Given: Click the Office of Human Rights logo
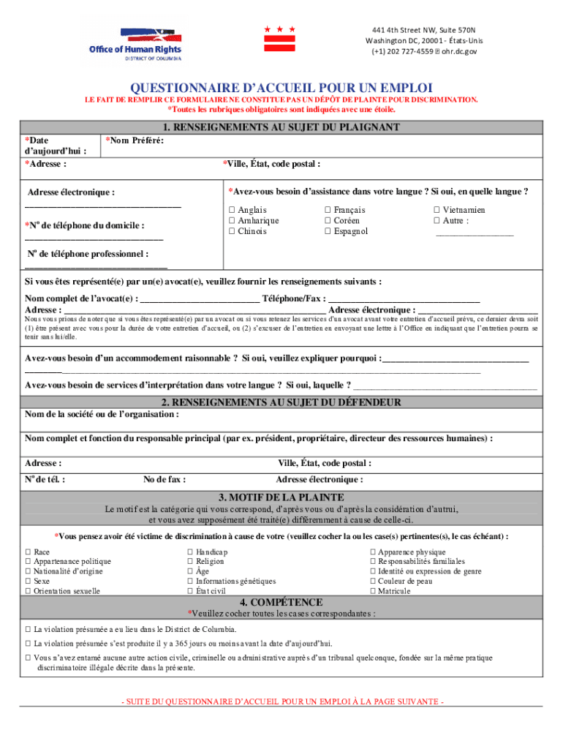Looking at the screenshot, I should pos(135,43).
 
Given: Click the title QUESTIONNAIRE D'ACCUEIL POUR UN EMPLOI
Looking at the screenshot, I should pos(281,87).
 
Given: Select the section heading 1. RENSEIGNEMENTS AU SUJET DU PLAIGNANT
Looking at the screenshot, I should pos(281,127).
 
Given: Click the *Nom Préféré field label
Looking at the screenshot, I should pos(135,140).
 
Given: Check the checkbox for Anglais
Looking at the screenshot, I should pos(232,210).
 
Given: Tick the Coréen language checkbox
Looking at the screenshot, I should pos(328,221).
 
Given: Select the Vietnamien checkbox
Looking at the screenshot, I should pos(437,210).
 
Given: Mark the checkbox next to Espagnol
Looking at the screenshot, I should pos(328,232).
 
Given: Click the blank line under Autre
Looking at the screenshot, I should pos(474,233).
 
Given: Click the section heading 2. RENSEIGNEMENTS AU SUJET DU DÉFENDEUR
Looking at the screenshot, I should pos(281,402).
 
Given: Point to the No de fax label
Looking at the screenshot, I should pos(165,480).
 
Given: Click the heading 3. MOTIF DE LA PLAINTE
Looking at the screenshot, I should pos(281,497).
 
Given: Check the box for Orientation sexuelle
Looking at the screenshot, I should pos(28,591).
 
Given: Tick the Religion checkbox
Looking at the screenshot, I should pos(190,562).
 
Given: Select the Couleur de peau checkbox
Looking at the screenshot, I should pos(373,581).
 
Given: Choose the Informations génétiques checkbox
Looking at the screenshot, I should pos(190,581).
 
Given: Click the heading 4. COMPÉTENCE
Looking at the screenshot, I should pos(281,602).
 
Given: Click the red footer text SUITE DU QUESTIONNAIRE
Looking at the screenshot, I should pos(281,702).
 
